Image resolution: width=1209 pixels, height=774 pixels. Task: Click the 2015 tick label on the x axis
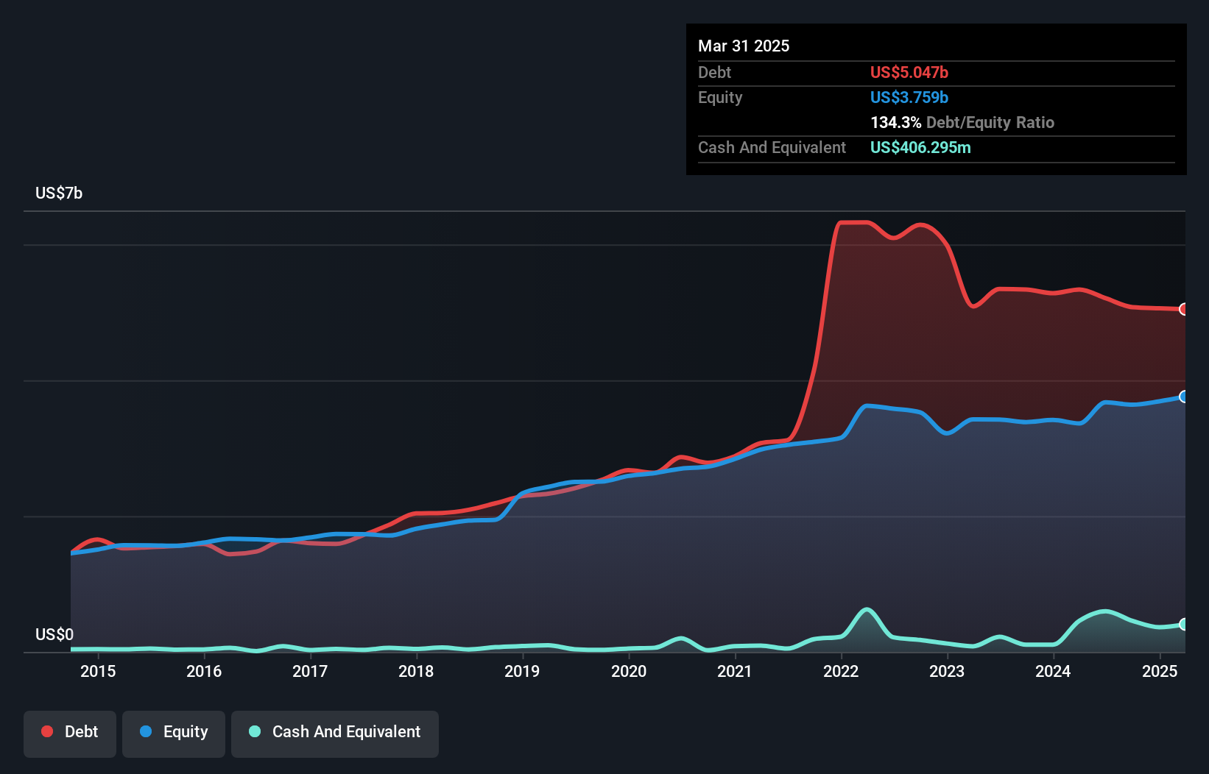click(x=98, y=671)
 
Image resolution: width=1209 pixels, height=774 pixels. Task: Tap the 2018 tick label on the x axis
click(x=416, y=671)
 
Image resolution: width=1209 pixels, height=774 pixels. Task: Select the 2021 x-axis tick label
click(x=734, y=671)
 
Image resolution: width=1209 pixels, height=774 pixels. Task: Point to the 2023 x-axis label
click(x=947, y=671)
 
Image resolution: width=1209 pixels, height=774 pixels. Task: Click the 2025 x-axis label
click(x=1159, y=671)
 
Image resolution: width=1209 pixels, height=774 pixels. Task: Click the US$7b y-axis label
click(x=59, y=193)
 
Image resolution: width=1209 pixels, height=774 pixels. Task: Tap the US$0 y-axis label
click(x=54, y=634)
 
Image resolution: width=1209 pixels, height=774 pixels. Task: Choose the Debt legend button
click(x=70, y=732)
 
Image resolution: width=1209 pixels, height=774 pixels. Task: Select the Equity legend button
click(x=174, y=732)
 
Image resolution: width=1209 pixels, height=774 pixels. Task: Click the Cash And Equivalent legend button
click(x=335, y=732)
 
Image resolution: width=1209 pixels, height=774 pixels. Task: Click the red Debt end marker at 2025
click(x=1184, y=309)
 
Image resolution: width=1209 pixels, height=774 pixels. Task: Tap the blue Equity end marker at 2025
click(x=1184, y=397)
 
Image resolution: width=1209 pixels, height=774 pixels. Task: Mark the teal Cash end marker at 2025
click(x=1184, y=624)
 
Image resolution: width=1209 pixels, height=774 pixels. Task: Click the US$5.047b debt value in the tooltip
click(x=909, y=72)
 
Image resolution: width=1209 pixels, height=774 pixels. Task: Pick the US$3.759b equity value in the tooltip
click(x=909, y=97)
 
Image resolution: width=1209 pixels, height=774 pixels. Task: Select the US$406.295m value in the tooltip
click(x=920, y=147)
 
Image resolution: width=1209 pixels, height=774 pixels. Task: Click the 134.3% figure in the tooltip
click(x=895, y=122)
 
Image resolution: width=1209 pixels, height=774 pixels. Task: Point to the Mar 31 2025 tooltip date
click(x=744, y=46)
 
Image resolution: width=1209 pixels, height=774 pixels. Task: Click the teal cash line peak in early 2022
click(x=867, y=609)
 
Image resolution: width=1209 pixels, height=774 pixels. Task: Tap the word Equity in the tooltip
click(x=720, y=97)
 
